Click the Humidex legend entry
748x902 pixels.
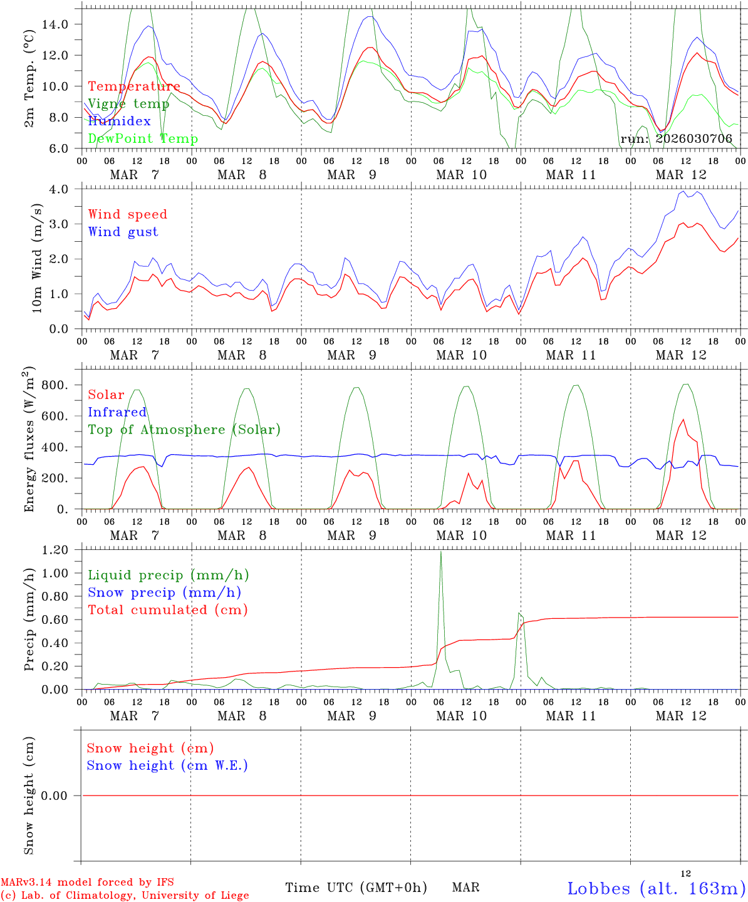[x=119, y=121]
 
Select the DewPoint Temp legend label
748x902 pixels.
[x=143, y=138]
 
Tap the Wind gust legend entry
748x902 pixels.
[x=123, y=232]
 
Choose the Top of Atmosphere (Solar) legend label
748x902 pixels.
[x=184, y=430]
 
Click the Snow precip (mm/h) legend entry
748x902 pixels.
[x=164, y=593]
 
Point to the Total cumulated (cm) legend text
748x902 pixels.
[x=168, y=610]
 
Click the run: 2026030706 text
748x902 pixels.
[x=676, y=138]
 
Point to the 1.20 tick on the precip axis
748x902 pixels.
[x=56, y=550]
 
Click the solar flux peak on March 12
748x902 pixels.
[x=683, y=420]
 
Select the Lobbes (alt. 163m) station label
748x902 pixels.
[x=656, y=888]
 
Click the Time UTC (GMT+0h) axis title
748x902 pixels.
[x=356, y=888]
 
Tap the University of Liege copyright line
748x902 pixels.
[x=124, y=896]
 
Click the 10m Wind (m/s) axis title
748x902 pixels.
[x=38, y=259]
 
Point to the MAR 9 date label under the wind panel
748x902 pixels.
[x=351, y=355]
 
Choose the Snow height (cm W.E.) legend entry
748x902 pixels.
[x=167, y=765]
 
